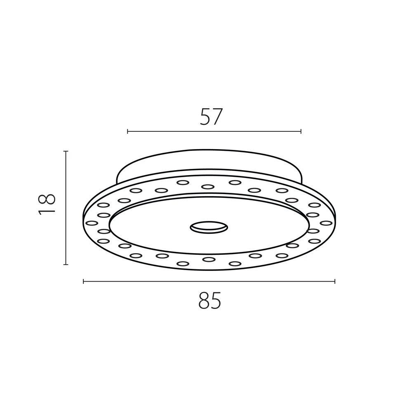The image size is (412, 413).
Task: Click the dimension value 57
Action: pyautogui.click(x=211, y=116)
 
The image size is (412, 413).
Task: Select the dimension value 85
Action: pyautogui.click(x=210, y=300)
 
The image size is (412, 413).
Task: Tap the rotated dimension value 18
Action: pyautogui.click(x=47, y=204)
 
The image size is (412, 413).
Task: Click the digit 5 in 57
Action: pyautogui.click(x=205, y=117)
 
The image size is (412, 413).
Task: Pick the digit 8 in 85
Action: pyautogui.click(x=204, y=300)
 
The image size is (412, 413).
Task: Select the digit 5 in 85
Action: pyautogui.click(x=216, y=301)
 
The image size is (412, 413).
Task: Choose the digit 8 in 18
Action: pyautogui.click(x=47, y=199)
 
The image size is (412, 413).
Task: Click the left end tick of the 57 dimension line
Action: pyautogui.click(x=127, y=131)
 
